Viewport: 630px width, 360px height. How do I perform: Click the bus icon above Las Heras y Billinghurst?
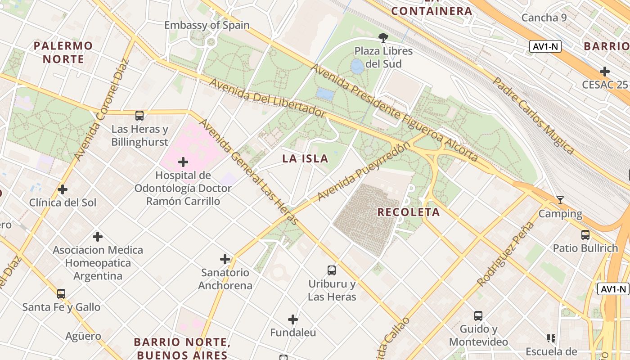coord(139,116)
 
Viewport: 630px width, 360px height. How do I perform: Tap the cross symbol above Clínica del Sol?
coord(63,189)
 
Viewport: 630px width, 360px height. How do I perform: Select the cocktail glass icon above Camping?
coord(560,200)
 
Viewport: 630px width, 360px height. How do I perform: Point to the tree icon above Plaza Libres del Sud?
coord(383,37)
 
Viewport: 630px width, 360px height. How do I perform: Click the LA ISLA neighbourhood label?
coord(305,159)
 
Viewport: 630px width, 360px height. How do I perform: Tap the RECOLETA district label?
coord(409,212)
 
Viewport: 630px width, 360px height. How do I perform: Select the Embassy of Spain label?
coord(207,25)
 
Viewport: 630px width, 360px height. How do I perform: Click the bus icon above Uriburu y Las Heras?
coord(332,270)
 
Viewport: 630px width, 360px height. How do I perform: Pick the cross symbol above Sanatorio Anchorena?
coord(225,259)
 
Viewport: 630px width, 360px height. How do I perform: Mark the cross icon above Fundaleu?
coord(293,319)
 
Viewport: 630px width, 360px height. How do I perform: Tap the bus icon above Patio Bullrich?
coord(585,234)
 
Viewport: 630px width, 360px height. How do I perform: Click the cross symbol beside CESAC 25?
coord(605,72)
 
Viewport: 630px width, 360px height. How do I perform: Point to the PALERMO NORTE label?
coord(63,52)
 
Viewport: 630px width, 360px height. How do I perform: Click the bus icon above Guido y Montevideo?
coord(478,316)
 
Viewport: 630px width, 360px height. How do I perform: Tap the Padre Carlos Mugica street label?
coord(533,116)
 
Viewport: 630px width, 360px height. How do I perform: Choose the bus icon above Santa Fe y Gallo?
coord(61,294)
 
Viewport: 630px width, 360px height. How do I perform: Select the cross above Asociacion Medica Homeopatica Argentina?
coord(98,237)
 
